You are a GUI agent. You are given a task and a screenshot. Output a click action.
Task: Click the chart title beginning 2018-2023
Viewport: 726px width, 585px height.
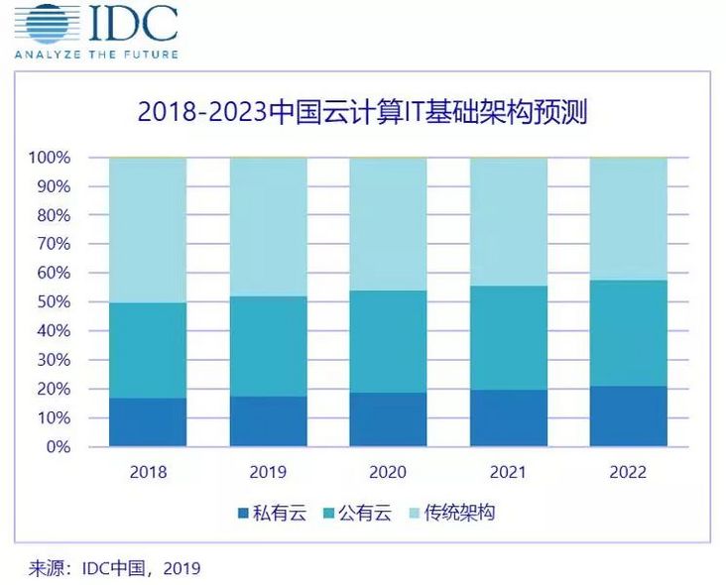point(362,112)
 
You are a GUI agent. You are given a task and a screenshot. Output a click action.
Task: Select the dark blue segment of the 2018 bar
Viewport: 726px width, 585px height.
point(148,422)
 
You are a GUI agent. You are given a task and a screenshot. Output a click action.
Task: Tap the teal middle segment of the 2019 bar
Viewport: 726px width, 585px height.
point(268,346)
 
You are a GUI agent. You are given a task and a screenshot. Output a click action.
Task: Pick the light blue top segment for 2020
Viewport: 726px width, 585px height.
point(388,224)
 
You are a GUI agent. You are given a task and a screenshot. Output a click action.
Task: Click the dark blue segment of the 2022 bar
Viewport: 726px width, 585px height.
point(628,416)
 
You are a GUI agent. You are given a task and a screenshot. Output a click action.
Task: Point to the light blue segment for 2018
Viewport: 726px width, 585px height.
point(148,230)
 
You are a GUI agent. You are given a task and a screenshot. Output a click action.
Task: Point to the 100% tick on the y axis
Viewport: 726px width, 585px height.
point(50,158)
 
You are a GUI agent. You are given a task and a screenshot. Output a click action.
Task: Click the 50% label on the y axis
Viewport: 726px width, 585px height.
point(54,302)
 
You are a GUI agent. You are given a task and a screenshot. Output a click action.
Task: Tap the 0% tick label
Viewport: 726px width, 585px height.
point(58,447)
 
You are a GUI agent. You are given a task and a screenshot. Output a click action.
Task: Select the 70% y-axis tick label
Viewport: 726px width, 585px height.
point(54,244)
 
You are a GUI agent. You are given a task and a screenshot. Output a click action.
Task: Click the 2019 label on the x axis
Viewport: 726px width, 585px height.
point(268,472)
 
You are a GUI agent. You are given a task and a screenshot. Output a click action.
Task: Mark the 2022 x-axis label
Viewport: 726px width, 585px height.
point(628,472)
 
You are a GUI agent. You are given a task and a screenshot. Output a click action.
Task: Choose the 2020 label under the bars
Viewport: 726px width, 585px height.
point(388,472)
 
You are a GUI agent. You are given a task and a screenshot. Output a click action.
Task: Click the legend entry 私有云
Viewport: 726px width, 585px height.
point(271,513)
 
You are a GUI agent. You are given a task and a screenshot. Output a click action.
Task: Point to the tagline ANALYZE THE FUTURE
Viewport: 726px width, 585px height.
point(96,54)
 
